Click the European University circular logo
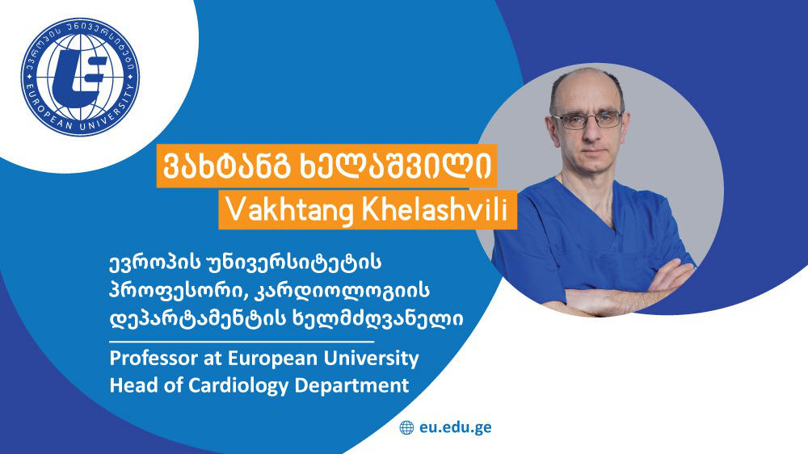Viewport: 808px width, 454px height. [80, 78]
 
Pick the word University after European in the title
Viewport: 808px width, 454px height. [371, 358]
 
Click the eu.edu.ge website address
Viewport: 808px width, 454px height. [455, 427]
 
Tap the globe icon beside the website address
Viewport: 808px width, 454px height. [406, 427]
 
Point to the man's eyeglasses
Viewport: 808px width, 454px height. [587, 120]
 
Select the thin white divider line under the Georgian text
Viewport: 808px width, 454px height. [242, 341]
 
